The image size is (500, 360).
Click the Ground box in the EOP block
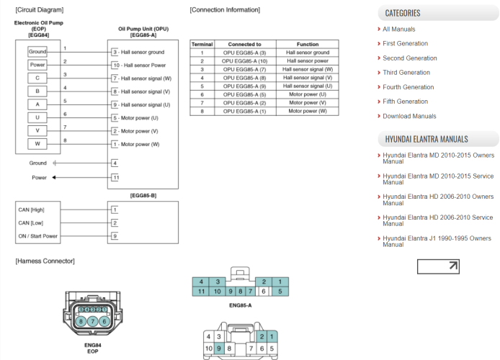37,53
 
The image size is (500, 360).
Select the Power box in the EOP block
37,66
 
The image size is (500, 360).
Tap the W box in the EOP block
37,143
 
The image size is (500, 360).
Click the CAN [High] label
31,210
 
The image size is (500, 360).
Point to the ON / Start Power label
37,235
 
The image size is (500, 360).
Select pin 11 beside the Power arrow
115,177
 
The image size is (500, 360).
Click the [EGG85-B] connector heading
143,195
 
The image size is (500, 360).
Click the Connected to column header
244,45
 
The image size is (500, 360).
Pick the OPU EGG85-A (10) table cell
244,61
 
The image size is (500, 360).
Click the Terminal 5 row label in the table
202,86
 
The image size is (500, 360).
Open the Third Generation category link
406,73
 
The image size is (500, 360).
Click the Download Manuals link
409,116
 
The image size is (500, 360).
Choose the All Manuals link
398,30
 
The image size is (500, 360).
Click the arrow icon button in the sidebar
438,266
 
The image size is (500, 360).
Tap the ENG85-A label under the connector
240,305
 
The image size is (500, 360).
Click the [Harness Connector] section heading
45,261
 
